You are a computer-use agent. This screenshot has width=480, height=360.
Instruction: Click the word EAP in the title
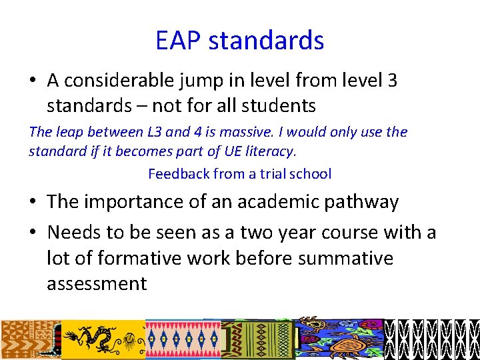click(179, 40)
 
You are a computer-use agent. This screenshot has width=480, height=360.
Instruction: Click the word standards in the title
click(266, 40)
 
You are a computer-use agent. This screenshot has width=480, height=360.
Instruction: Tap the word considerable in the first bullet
click(122, 81)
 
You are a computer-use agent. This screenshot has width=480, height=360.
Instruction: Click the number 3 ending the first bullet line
click(392, 81)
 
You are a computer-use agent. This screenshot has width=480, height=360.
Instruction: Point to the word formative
click(133, 258)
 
